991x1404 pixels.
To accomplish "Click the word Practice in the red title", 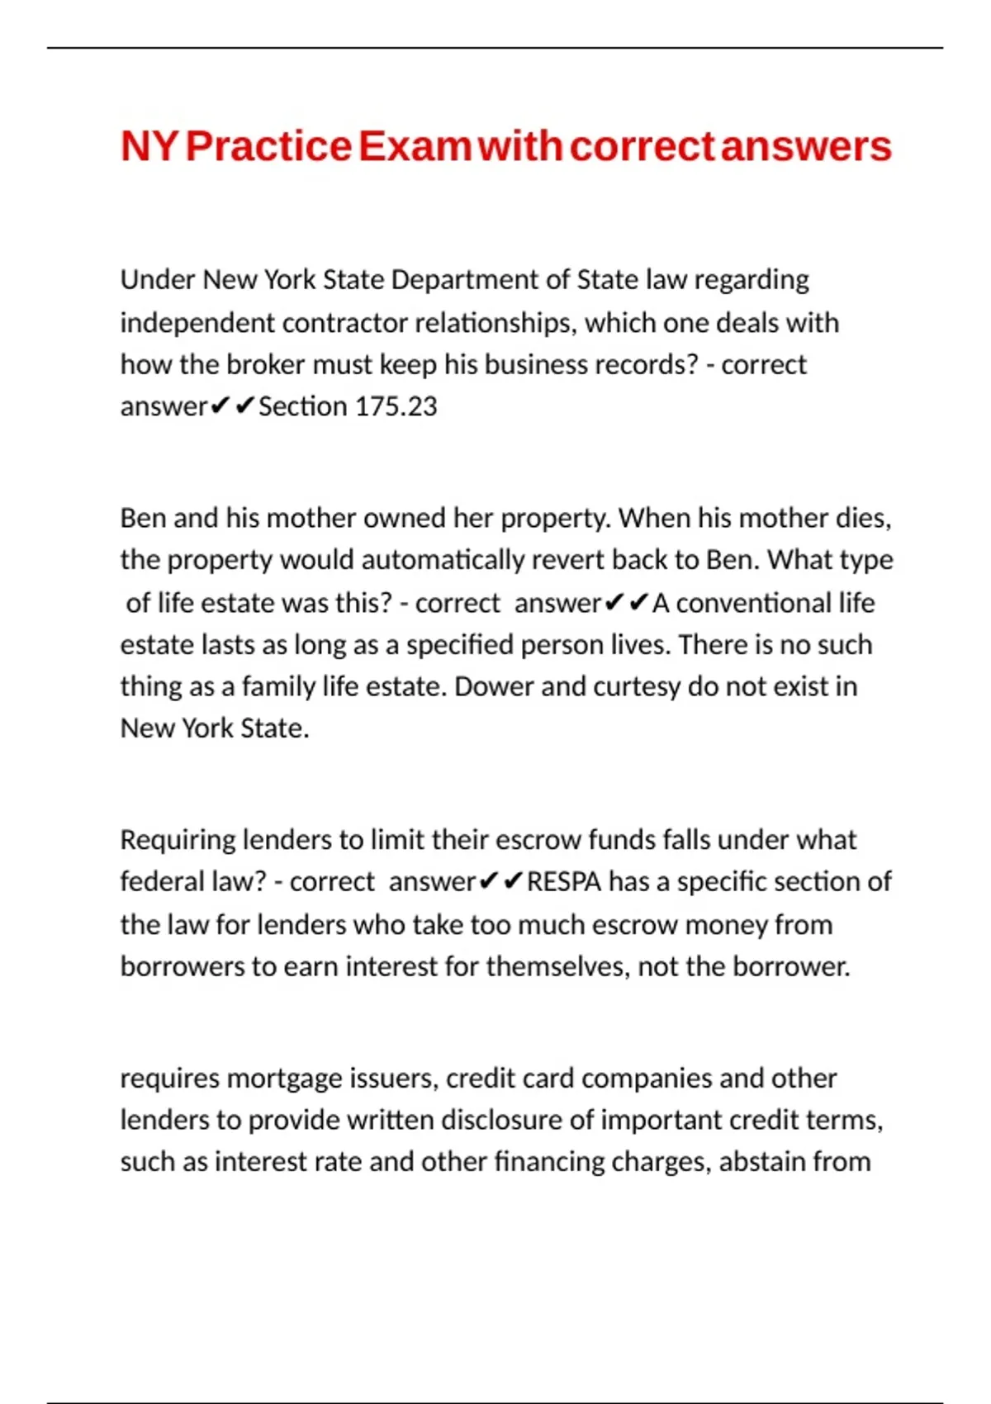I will pos(269,146).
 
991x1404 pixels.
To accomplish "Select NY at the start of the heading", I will pos(149,146).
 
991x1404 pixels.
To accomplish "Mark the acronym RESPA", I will pos(564,882).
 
